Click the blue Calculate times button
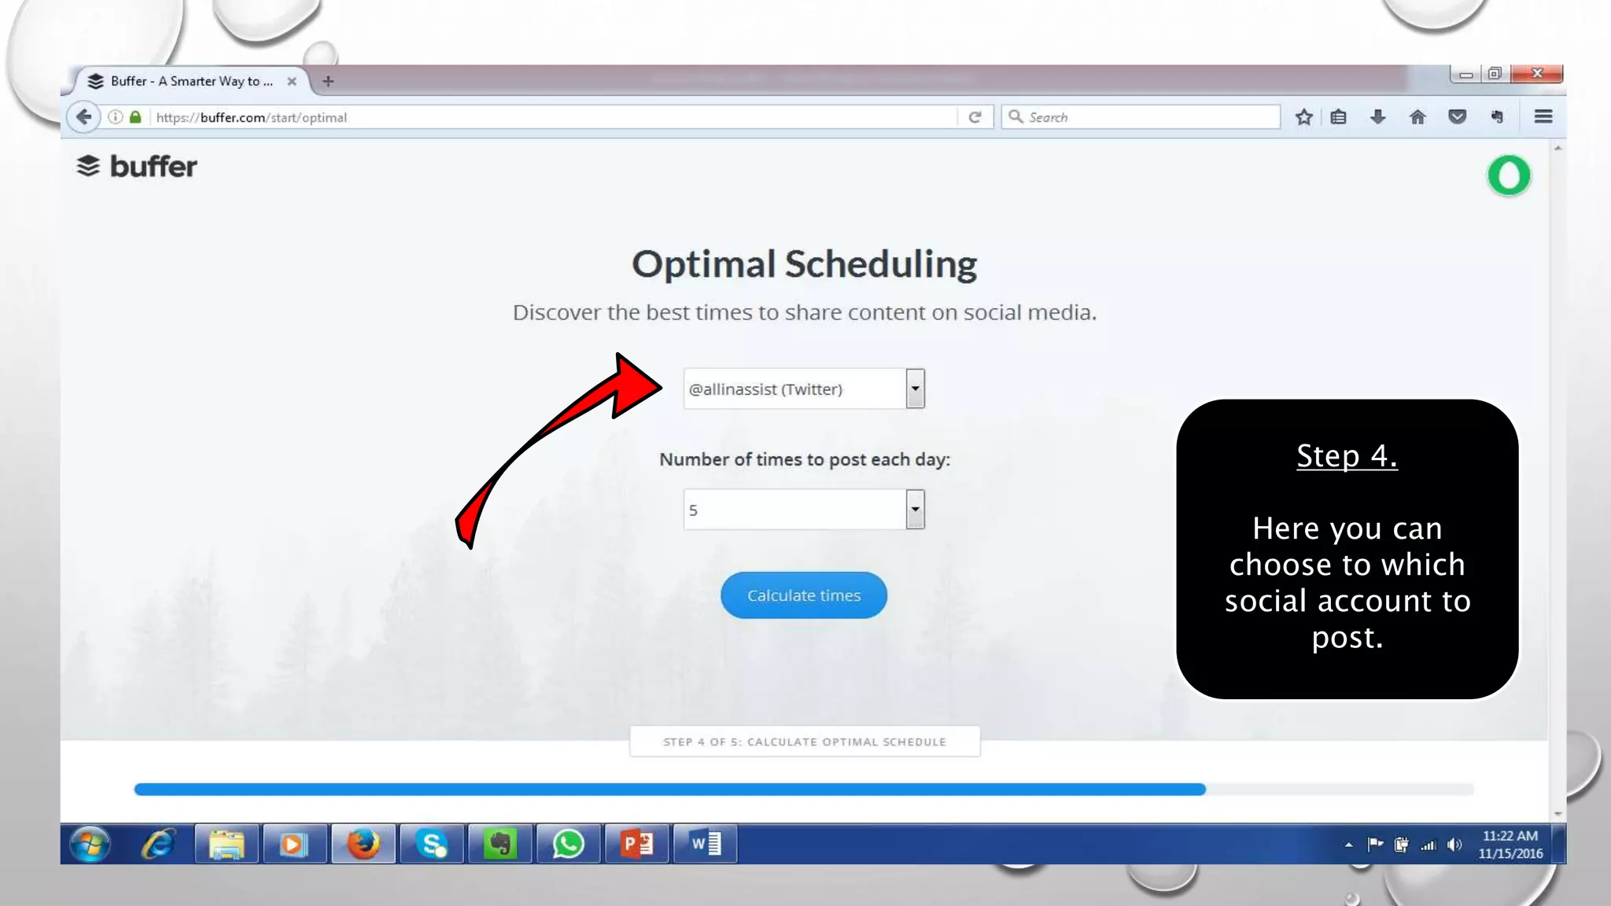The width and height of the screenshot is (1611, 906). (x=803, y=595)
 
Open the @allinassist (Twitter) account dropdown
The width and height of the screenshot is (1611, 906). (x=803, y=389)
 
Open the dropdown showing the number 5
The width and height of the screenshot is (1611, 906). (x=803, y=510)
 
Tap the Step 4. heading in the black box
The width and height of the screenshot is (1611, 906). (x=1347, y=456)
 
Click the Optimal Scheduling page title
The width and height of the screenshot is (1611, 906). (x=804, y=264)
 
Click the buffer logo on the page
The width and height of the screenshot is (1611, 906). (x=137, y=167)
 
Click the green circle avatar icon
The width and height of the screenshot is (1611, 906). (x=1509, y=175)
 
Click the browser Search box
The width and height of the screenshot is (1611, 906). (x=1141, y=117)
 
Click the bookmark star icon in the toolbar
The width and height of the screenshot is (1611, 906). (x=1304, y=117)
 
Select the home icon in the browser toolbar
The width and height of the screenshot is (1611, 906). (x=1417, y=117)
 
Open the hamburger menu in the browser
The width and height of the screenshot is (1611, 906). (x=1543, y=117)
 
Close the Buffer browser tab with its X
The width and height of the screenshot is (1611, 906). (x=292, y=81)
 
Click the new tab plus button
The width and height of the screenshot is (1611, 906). (x=328, y=81)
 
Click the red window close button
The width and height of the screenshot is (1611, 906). (x=1536, y=73)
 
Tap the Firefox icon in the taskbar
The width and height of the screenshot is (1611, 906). (x=363, y=844)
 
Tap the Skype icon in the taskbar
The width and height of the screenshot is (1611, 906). (x=432, y=844)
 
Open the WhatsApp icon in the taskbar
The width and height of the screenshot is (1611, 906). (x=568, y=844)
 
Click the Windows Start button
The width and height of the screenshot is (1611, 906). (x=90, y=844)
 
